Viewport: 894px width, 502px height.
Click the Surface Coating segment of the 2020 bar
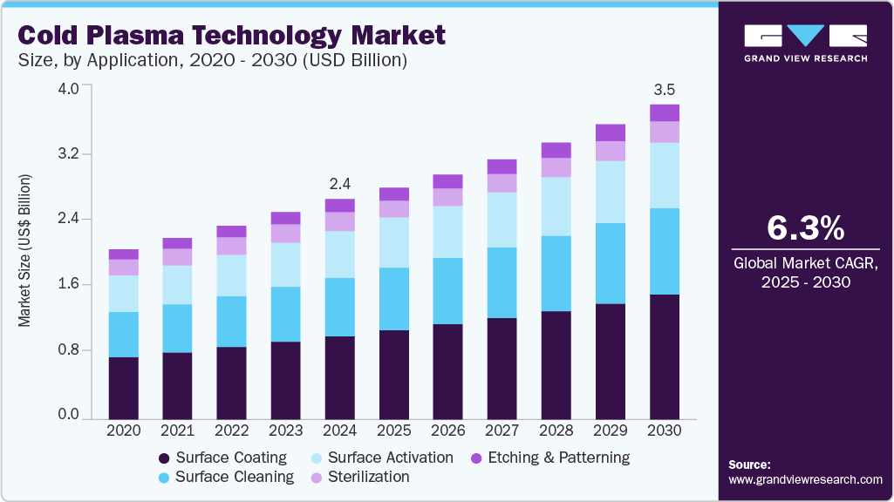(124, 388)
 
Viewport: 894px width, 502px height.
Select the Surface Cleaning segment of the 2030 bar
(665, 251)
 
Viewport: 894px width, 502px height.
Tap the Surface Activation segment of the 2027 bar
(502, 220)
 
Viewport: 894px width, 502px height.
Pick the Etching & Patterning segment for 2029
(611, 132)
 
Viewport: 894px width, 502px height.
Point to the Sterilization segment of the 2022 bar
(232, 246)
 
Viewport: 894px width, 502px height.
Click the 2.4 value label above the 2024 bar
(339, 184)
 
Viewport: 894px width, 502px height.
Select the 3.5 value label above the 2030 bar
(665, 90)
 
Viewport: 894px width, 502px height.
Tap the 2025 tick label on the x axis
(394, 431)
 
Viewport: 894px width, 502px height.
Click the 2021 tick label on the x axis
(178, 431)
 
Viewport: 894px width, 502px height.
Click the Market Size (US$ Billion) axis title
(24, 251)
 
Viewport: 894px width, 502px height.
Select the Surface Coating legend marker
(164, 458)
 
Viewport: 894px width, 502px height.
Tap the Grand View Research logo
(805, 43)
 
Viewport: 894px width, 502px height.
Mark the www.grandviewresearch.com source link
(805, 479)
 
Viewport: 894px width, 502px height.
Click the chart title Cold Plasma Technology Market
(231, 35)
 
